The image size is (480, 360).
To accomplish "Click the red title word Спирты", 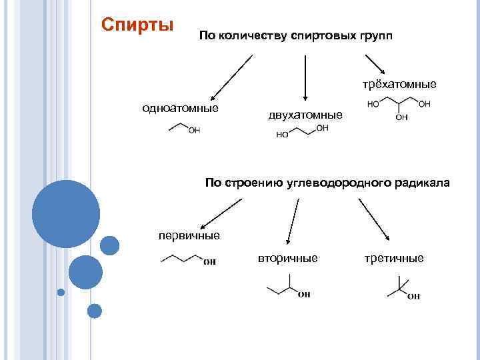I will click(x=137, y=25).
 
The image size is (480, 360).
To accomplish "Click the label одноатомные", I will click(x=181, y=108).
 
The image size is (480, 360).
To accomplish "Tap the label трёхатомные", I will click(x=399, y=84).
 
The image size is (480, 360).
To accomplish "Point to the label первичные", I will click(x=189, y=235).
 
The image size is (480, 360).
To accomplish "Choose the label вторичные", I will click(x=288, y=258).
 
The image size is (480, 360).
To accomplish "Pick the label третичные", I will click(x=394, y=258).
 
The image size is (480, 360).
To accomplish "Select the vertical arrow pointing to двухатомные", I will click(x=304, y=79).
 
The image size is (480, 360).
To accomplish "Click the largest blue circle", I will click(x=65, y=214).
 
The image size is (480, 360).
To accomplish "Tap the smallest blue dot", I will click(x=61, y=292).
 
